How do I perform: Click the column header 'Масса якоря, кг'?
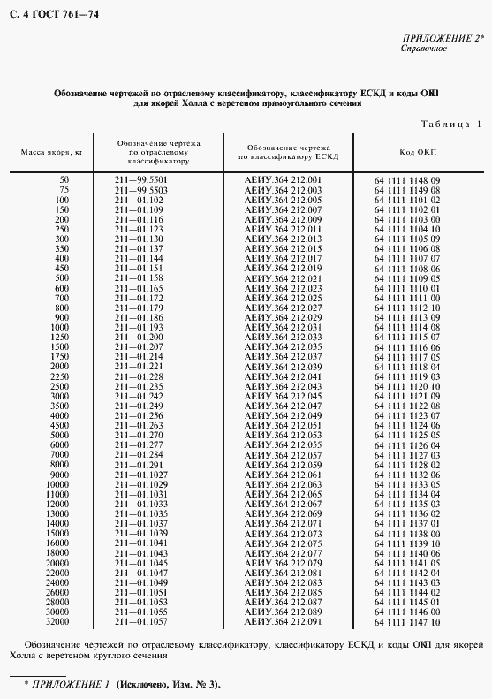(x=52, y=152)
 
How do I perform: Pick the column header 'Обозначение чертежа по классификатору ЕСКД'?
(x=288, y=152)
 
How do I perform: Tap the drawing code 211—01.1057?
(x=140, y=622)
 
